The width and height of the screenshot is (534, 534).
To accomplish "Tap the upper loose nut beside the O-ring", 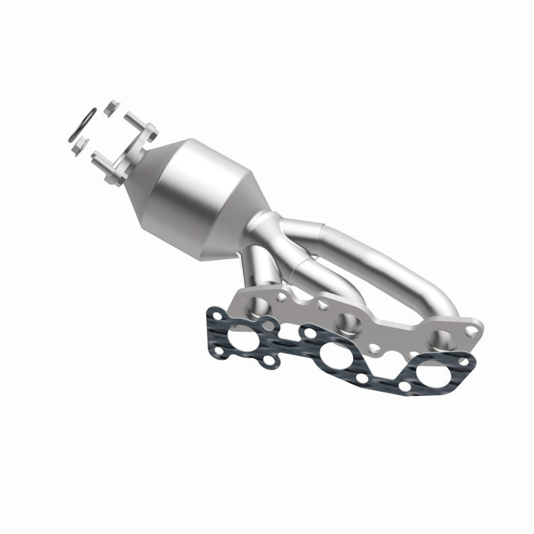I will point(111,105).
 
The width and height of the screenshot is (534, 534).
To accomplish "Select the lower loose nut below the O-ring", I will point(82,143).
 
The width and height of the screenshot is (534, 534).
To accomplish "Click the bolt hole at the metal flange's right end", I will point(473,330).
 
